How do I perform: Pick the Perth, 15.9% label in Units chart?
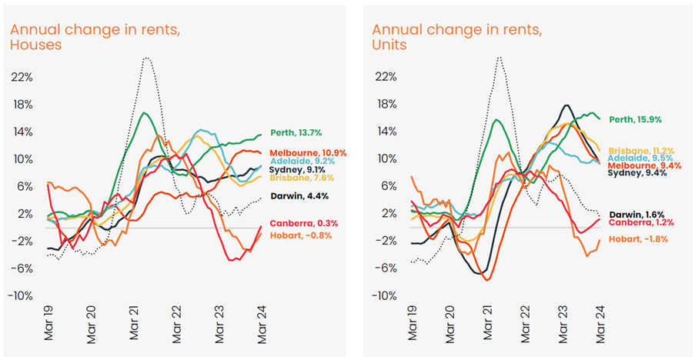635,119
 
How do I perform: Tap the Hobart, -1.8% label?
639,239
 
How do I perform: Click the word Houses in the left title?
35,45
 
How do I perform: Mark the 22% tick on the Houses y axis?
22,77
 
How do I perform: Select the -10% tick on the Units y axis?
386,296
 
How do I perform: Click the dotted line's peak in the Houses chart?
144,58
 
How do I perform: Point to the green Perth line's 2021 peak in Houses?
143,113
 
